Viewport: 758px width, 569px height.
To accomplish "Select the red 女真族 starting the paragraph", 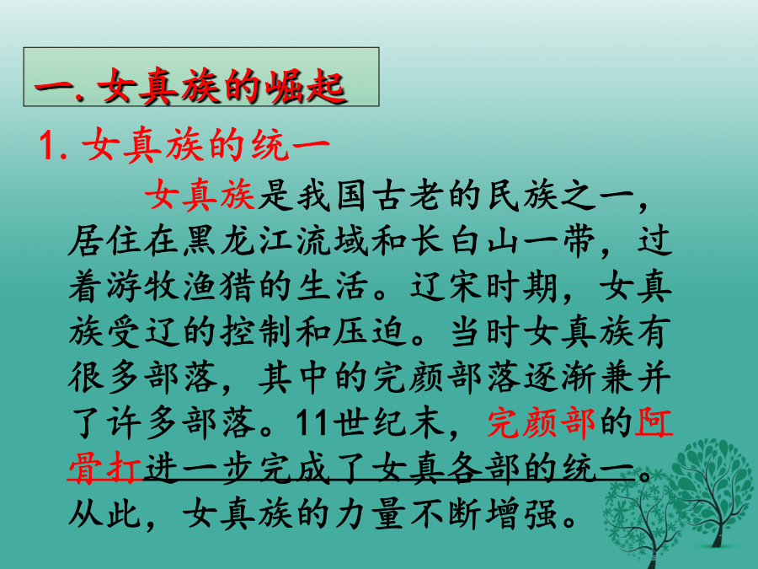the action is pyautogui.click(x=200, y=196).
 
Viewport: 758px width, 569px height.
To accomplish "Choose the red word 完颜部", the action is pyautogui.click(x=542, y=422).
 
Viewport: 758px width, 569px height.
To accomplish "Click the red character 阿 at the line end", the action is pyautogui.click(x=654, y=422).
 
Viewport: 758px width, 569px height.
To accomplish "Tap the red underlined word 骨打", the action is pyautogui.click(x=104, y=468).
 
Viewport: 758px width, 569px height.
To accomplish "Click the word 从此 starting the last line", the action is pyautogui.click(x=104, y=513).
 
